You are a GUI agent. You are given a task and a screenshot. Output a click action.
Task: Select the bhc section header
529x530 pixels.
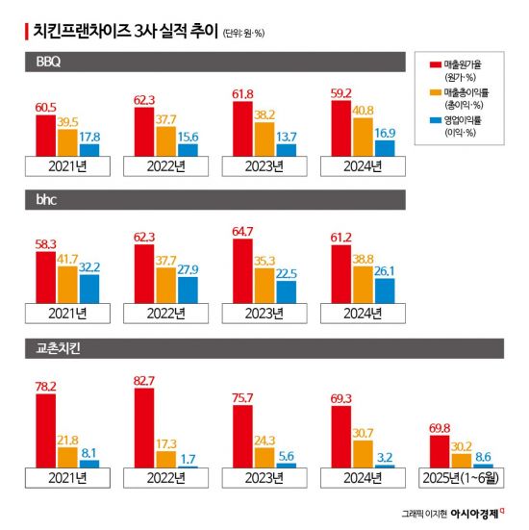[42, 201]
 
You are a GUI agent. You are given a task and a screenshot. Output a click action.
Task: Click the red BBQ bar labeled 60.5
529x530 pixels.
[45, 136]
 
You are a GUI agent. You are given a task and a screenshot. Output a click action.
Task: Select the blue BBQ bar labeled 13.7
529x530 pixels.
[286, 150]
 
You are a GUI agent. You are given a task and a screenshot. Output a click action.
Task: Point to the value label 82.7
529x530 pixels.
[143, 382]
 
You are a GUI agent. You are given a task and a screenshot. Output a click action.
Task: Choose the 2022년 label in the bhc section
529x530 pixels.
[165, 313]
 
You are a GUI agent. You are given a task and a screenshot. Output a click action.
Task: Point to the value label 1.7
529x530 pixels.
[188, 457]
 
